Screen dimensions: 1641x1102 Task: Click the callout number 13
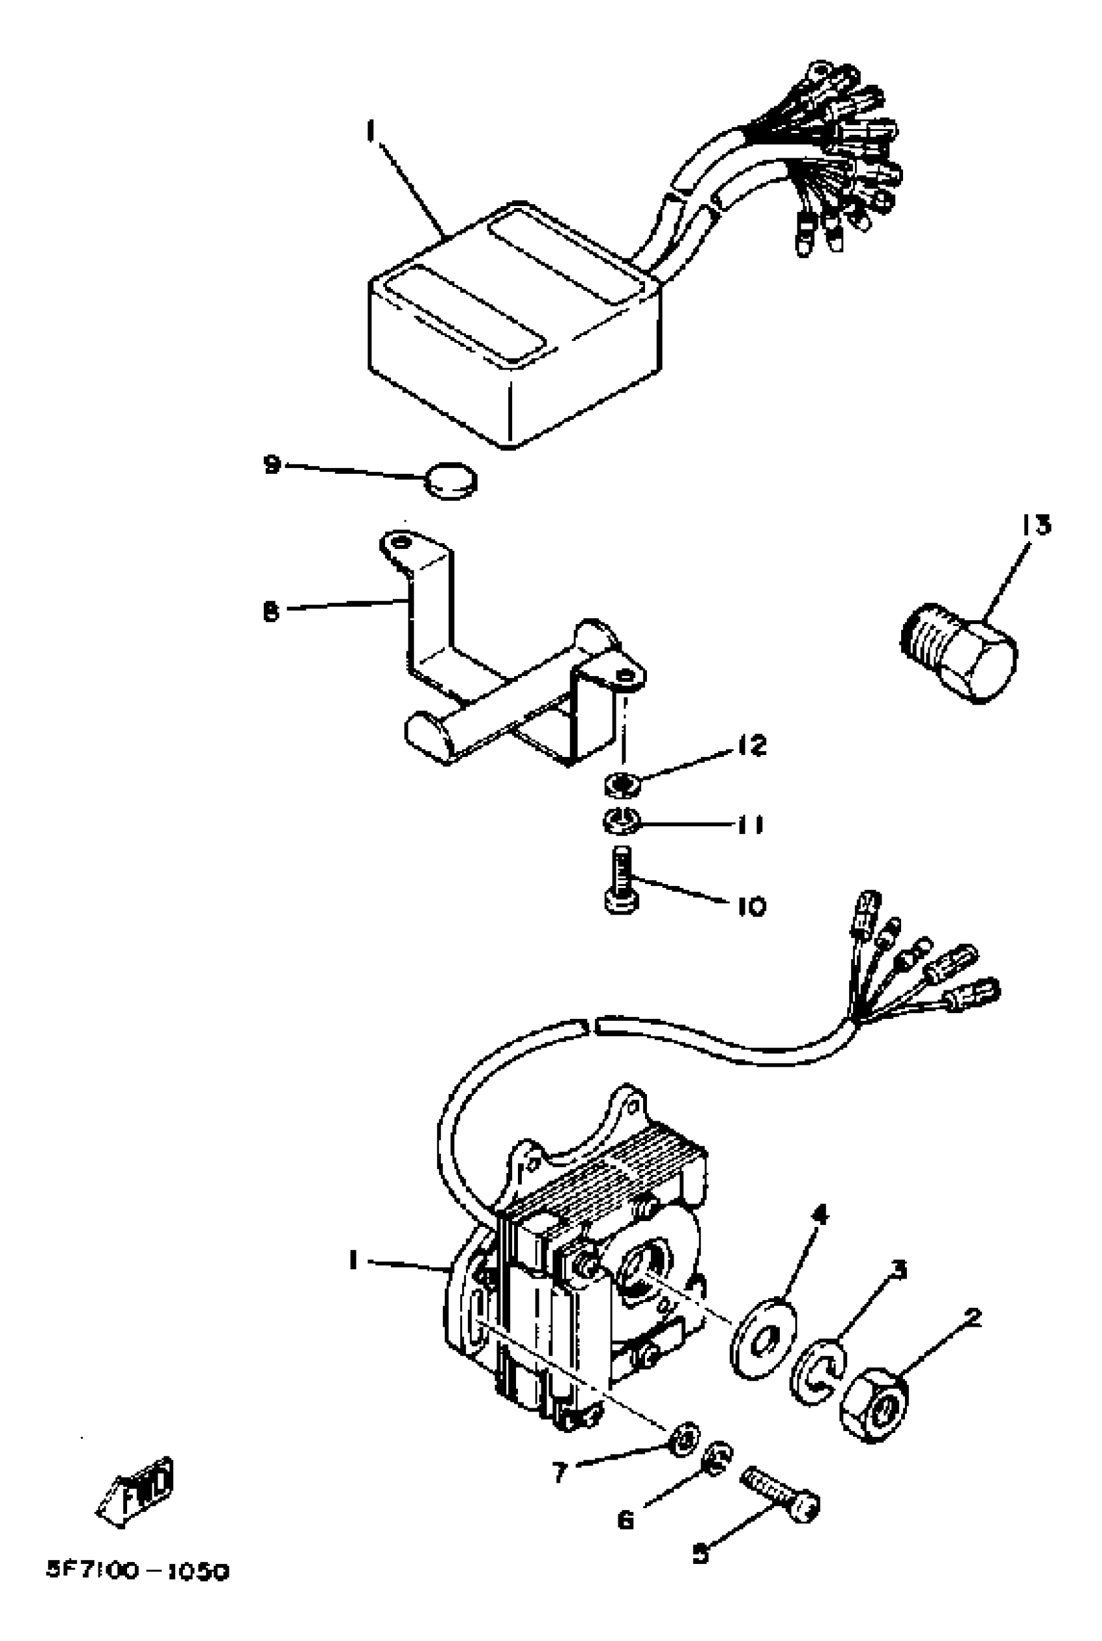pyautogui.click(x=1035, y=525)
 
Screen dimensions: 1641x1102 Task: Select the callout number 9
pyautogui.click(x=272, y=464)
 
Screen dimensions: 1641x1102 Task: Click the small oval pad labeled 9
pyautogui.click(x=451, y=481)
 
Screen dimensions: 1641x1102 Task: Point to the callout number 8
pyautogui.click(x=271, y=611)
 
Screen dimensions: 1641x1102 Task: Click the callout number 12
pyautogui.click(x=752, y=745)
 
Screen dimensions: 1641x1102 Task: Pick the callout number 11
pyautogui.click(x=750, y=824)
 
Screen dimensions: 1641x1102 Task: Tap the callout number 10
pyautogui.click(x=751, y=906)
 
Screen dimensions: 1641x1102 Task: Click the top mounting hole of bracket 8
pyautogui.click(x=399, y=542)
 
